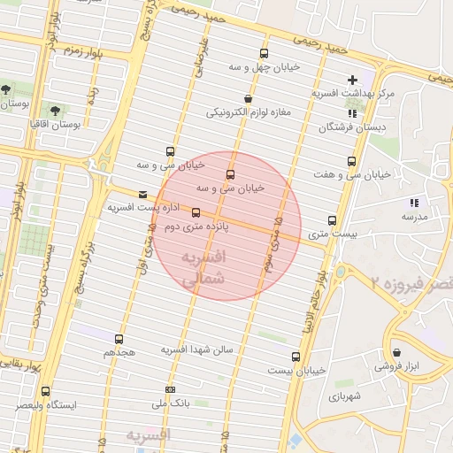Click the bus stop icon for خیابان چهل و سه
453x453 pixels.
click(x=264, y=54)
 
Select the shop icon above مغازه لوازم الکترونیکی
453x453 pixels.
click(x=247, y=98)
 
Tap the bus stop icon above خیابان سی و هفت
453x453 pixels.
click(x=352, y=162)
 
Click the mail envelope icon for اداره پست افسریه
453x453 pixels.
click(x=143, y=194)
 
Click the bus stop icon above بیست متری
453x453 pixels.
click(x=332, y=220)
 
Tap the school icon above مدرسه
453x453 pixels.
click(x=413, y=203)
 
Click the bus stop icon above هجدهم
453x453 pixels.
click(x=119, y=338)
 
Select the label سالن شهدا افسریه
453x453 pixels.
click(x=196, y=350)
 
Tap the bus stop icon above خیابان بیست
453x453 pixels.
click(x=296, y=357)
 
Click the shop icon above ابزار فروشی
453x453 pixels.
click(x=395, y=351)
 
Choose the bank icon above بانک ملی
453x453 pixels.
click(x=172, y=389)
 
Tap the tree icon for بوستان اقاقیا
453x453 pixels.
click(x=56, y=111)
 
